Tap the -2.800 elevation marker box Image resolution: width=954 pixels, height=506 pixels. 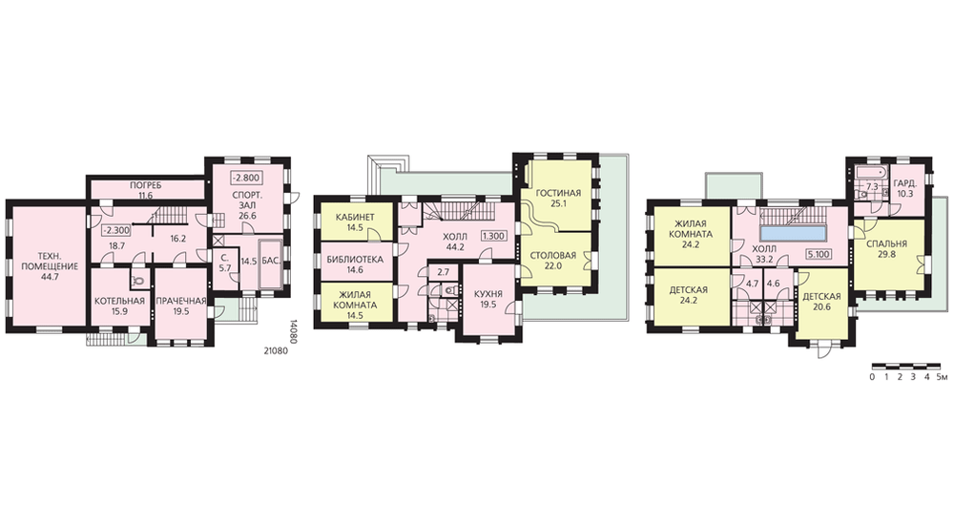[246, 179]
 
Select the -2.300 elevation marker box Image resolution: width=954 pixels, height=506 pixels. [114, 231]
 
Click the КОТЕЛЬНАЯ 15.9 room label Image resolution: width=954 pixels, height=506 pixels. [119, 306]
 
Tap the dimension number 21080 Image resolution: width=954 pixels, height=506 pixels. [277, 350]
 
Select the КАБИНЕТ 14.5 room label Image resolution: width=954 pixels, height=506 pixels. [355, 222]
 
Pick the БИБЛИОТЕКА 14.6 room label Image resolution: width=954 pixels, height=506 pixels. [355, 264]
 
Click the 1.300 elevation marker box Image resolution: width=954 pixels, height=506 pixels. [494, 236]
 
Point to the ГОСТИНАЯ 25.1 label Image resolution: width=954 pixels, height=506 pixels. [558, 199]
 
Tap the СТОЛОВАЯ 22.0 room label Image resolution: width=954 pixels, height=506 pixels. [552, 260]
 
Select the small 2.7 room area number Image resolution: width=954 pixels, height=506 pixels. [443, 272]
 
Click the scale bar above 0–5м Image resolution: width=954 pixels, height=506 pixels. [907, 367]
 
